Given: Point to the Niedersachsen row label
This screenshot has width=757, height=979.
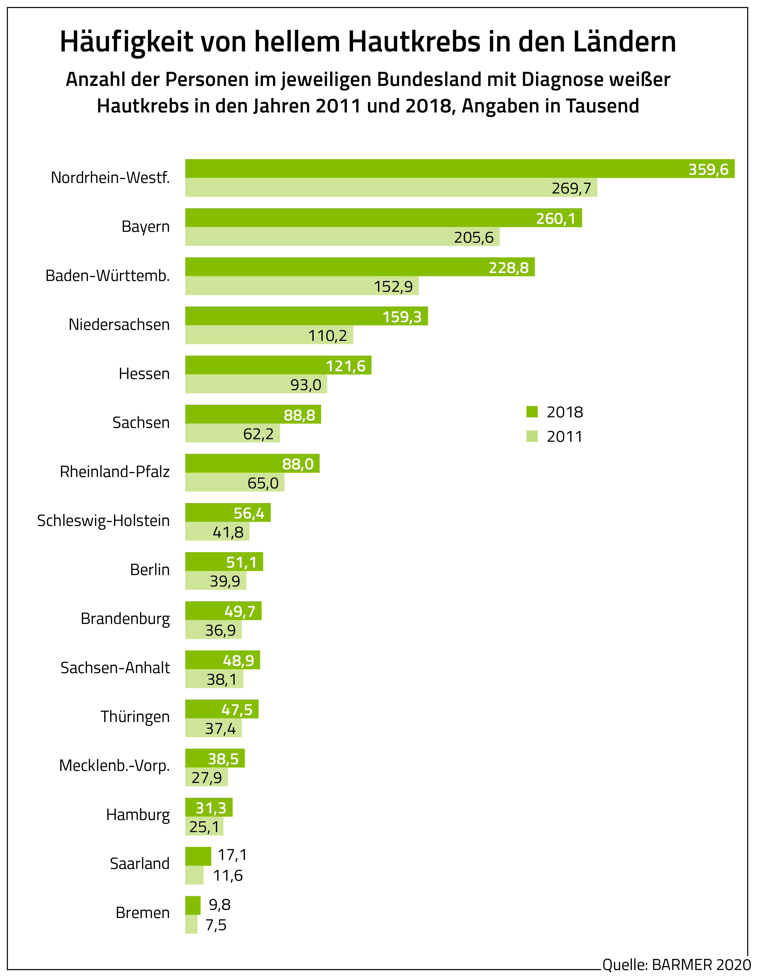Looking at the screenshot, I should pos(119,324).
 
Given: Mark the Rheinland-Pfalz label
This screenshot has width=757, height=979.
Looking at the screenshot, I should pos(115,472).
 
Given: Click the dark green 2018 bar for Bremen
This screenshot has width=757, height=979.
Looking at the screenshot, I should pos(193,905).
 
